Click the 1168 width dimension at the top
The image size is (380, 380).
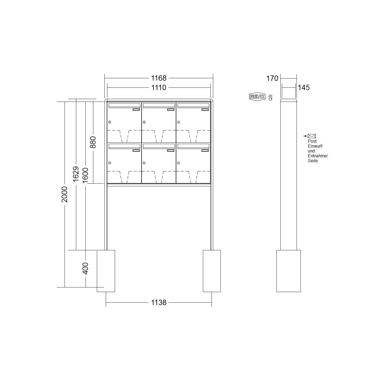pos(159,78)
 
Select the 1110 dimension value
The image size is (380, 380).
pos(159,88)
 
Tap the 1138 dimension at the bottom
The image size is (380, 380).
pos(159,303)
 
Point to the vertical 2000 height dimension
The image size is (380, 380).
pos(65,194)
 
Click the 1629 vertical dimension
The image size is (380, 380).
pos(76,174)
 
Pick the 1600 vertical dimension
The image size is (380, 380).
pos(85,175)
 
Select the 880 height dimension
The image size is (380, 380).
pos(93,142)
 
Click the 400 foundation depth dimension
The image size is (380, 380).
pos(85,268)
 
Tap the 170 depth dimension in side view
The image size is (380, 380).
pos(272,78)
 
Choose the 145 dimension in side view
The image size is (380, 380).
pos(304,88)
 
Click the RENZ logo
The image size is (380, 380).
pos(257,97)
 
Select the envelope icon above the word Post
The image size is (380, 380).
pos(312,136)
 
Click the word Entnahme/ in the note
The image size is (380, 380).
pos(318,156)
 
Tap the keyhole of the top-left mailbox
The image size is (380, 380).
pos(109,122)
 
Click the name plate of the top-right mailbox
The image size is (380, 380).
pos(205,110)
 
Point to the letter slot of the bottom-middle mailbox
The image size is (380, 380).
pos(159,146)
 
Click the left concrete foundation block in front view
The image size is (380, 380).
pos(106,271)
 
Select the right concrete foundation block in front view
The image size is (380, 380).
pos(212,271)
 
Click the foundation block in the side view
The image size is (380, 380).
pos(288,271)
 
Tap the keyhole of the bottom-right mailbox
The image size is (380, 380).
pos(178,163)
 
